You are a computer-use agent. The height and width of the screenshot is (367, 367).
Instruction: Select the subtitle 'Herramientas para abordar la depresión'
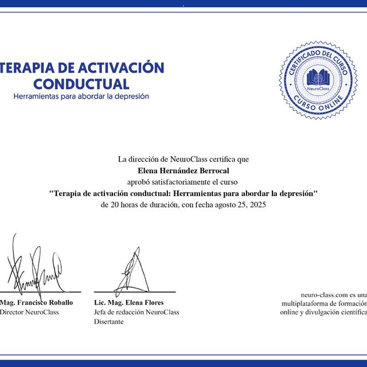coord(81,96)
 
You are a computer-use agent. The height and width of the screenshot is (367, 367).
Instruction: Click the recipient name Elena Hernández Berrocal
coord(183,170)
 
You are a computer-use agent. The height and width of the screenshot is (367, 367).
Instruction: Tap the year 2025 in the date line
coord(257,205)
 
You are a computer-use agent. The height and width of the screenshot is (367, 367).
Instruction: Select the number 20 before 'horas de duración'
coord(115,205)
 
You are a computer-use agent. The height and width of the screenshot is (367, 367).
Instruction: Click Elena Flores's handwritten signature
coord(131,272)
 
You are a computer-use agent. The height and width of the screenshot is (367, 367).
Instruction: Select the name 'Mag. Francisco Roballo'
coord(36,302)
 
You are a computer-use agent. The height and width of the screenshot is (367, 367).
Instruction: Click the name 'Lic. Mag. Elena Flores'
coord(129,302)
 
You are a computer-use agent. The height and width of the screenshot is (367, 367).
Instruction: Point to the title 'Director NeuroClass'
coord(29,312)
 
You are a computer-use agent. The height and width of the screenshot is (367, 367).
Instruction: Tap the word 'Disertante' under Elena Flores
coord(109,322)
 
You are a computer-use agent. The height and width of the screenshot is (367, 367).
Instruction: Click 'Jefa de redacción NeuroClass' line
coord(136,312)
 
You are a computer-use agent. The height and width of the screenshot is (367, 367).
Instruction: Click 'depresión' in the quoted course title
coord(295,193)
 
